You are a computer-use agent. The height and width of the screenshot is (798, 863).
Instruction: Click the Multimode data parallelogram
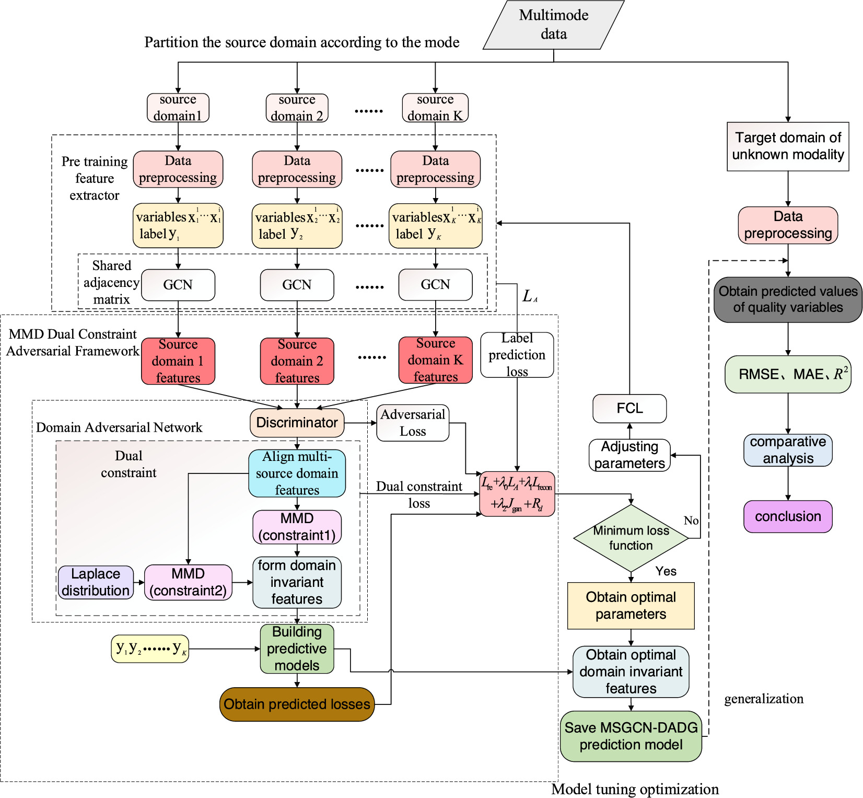[x=553, y=25]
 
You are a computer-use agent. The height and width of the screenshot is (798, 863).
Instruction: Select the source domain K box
[x=435, y=108]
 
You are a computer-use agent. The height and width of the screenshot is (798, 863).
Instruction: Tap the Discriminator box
[x=297, y=423]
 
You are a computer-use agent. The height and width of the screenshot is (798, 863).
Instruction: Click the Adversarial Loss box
[x=412, y=423]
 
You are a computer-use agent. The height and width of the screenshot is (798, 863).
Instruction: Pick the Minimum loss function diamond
[x=631, y=538]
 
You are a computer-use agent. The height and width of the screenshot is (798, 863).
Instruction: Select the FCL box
[x=629, y=409]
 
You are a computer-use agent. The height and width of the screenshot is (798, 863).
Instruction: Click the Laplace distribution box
[x=96, y=582]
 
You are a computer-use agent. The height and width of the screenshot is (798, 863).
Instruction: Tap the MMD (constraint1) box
[x=297, y=527]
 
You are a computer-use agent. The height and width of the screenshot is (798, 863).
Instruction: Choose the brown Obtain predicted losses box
[x=297, y=704]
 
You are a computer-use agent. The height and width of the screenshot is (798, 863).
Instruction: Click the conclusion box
[x=788, y=516]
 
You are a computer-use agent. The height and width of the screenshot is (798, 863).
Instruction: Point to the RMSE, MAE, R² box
[x=788, y=374]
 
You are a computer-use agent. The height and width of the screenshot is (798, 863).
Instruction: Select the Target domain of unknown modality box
[x=788, y=146]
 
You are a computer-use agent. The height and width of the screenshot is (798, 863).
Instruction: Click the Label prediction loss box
[x=517, y=355]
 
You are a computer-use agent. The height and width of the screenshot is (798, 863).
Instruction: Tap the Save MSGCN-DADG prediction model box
[x=631, y=736]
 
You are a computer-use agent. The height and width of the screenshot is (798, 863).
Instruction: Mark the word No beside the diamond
[x=691, y=521]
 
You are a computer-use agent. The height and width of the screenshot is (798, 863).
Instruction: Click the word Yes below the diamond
[x=666, y=571]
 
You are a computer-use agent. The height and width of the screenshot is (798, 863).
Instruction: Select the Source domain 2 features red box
[x=297, y=361]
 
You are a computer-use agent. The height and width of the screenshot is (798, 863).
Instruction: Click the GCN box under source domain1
[x=178, y=285]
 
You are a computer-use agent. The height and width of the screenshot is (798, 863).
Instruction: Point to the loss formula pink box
[x=517, y=494]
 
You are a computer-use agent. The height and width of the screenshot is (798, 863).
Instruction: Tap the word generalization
[x=763, y=699]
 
